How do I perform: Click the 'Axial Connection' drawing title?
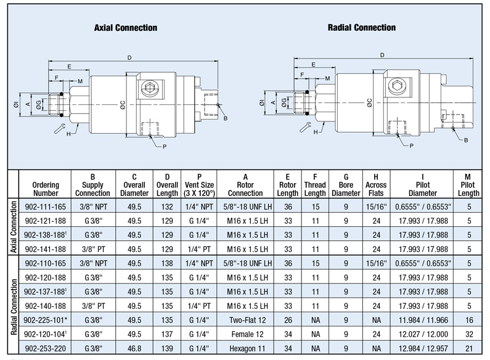tap(126, 28)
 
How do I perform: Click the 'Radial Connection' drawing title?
tap(362, 28)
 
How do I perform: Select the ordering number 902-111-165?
tap(46, 207)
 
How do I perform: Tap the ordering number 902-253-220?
tap(46, 348)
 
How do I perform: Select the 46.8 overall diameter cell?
tap(134, 348)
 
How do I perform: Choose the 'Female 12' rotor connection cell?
tap(247, 334)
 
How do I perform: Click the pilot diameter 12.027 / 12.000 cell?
tap(423, 334)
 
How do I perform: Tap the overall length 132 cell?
tap(167, 207)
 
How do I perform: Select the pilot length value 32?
tap(469, 334)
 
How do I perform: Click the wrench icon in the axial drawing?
tap(59, 128)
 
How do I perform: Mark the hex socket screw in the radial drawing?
tap(398, 86)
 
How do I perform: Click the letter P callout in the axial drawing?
tap(165, 147)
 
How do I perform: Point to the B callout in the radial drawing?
tap(466, 141)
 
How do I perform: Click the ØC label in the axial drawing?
tap(123, 104)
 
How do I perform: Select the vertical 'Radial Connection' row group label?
tap(14, 307)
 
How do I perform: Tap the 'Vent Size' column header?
tap(199, 185)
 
